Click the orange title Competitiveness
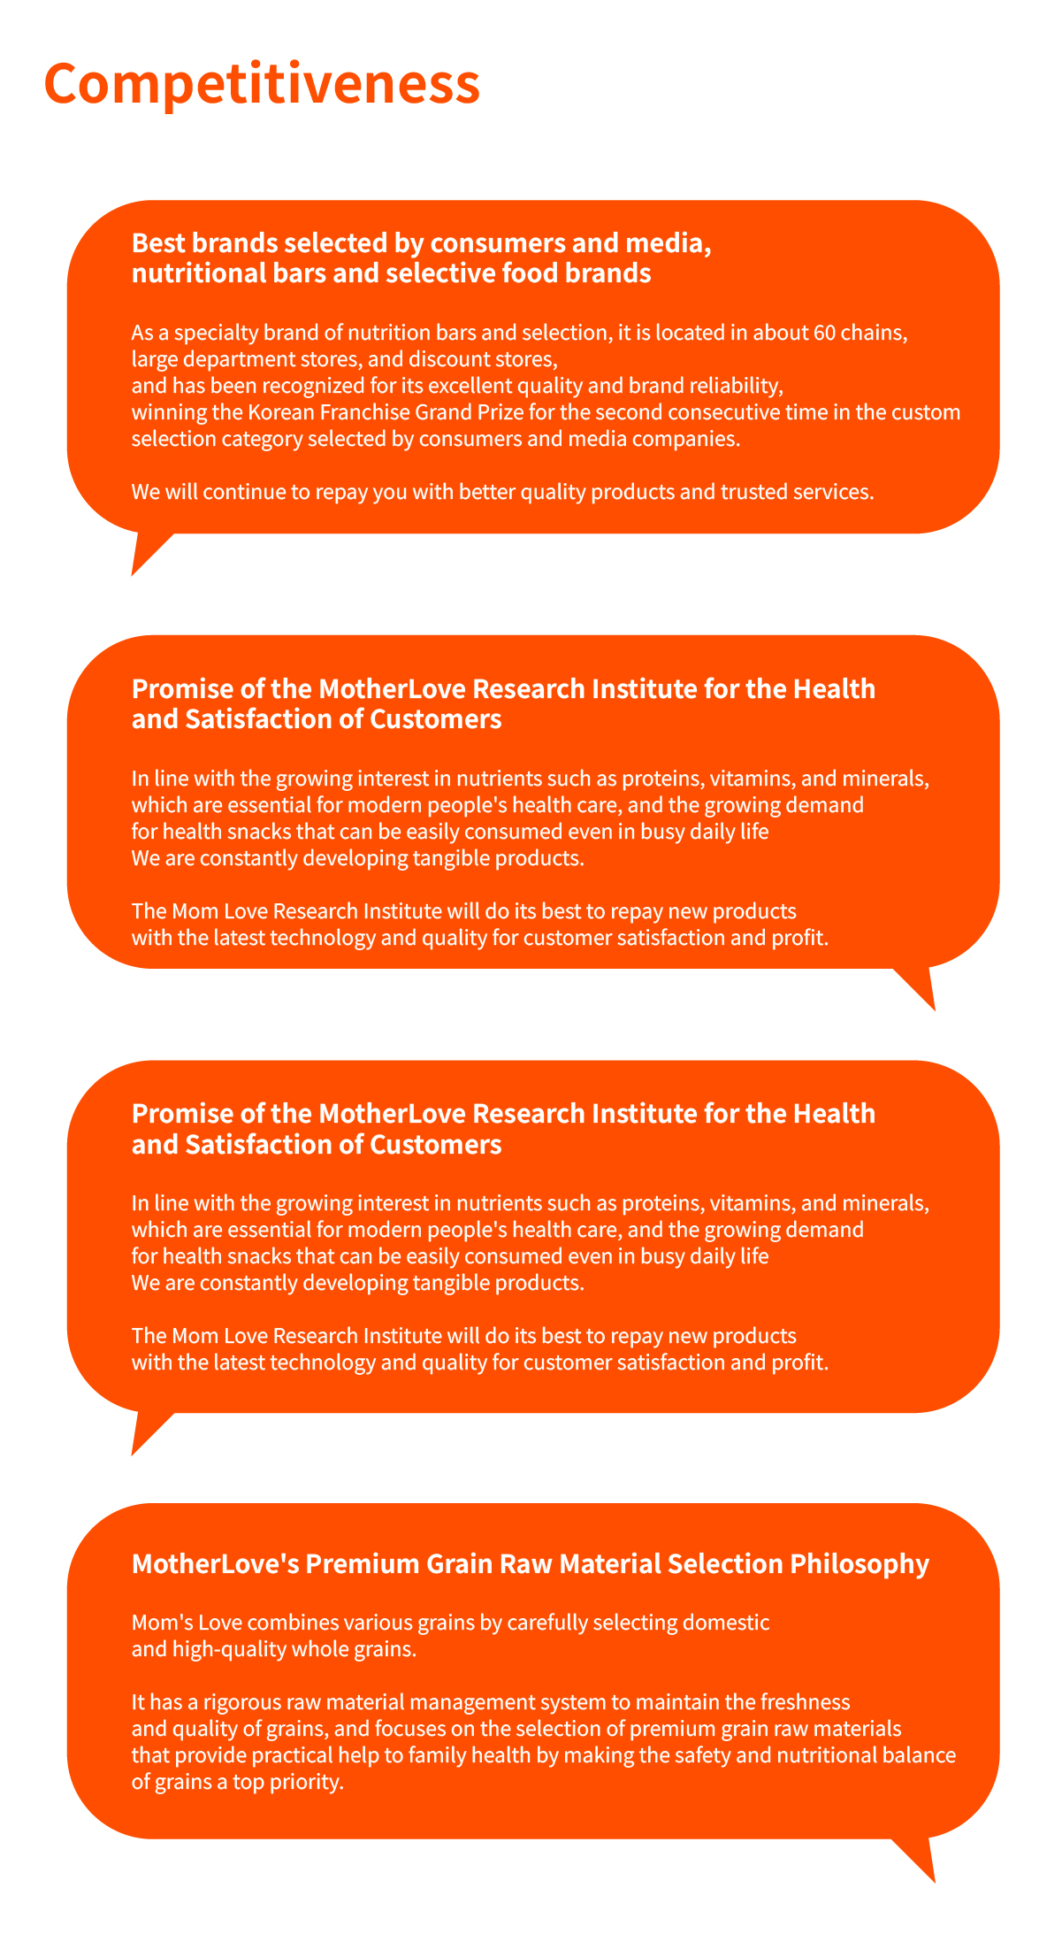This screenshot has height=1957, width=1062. [262, 84]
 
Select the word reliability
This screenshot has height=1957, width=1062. [731, 386]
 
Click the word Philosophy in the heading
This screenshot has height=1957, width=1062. [860, 1563]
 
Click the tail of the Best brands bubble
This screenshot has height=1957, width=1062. [143, 552]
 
